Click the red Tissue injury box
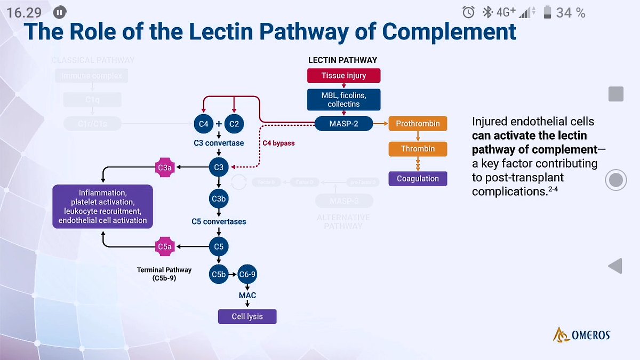click(x=343, y=76)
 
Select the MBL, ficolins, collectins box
click(x=343, y=100)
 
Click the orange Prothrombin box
click(x=418, y=124)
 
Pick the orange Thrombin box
click(x=418, y=149)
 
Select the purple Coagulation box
click(x=418, y=179)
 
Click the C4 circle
click(x=203, y=124)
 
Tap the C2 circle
click(x=234, y=124)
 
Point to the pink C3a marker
click(x=164, y=168)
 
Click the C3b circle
click(x=219, y=199)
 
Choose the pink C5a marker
click(x=164, y=246)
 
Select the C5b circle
click(x=219, y=275)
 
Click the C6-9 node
click(x=247, y=275)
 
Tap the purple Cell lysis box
click(x=247, y=316)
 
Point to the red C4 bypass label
click(x=278, y=143)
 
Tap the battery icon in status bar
click(x=547, y=12)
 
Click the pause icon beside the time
click(x=61, y=12)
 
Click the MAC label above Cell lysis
click(x=247, y=295)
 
